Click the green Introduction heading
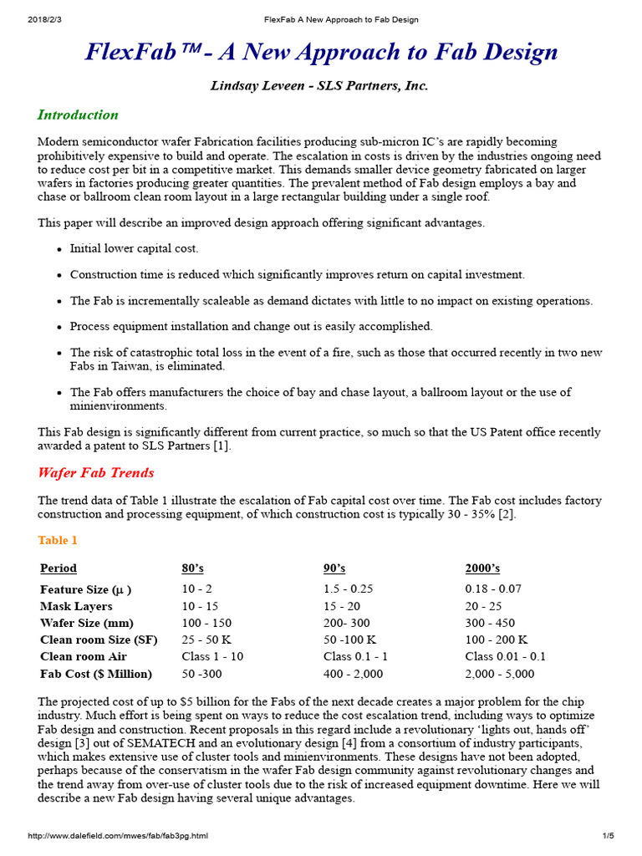78,115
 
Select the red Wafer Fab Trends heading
96,472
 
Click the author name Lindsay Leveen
249,86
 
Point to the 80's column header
192,568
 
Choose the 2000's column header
482,568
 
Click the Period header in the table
59,568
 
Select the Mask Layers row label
76,606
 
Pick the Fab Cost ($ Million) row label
96,674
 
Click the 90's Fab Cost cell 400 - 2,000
353,674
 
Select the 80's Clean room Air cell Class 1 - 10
212,656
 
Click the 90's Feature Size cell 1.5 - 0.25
348,588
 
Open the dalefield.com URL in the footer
117,835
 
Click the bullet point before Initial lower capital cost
59,250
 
